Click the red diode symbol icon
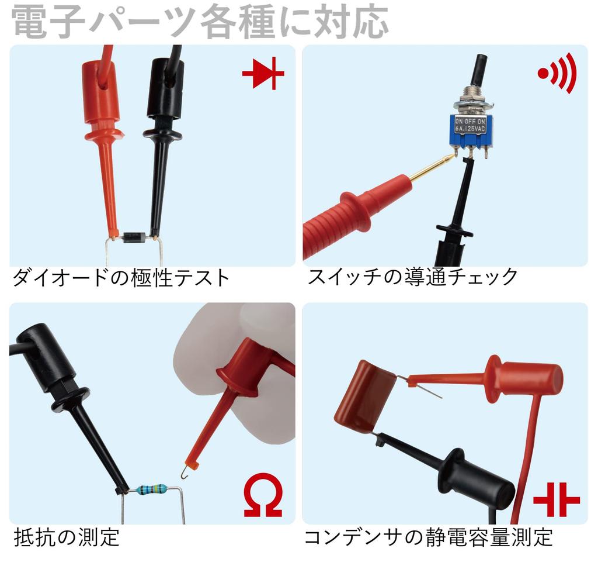pos(263,75)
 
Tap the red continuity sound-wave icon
pos(557,73)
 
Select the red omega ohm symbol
pos(263,495)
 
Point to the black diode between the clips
pos(134,237)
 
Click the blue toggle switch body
pos(473,132)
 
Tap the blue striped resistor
pos(151,489)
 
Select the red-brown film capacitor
pos(366,396)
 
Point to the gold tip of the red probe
pos(432,168)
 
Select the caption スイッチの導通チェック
pos(413,277)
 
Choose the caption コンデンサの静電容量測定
pos(428,536)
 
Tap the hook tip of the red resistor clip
pos(186,470)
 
